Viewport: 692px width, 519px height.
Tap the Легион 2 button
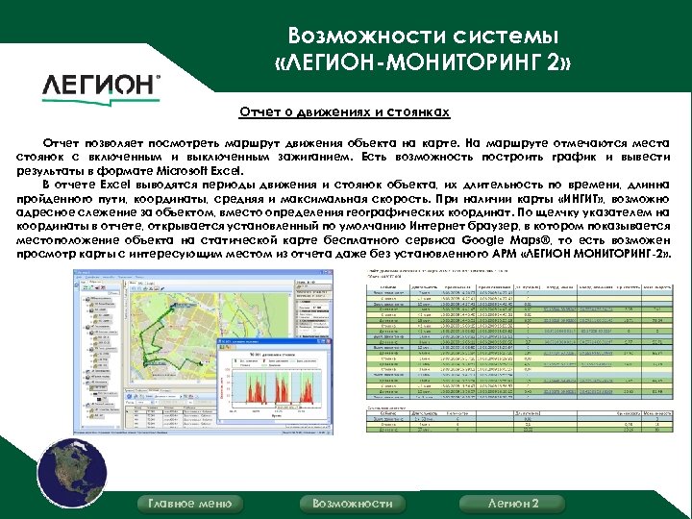pyautogui.click(x=513, y=504)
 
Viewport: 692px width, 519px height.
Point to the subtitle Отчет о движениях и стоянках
pyautogui.click(x=344, y=112)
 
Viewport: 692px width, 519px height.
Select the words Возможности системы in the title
pyautogui.click(x=423, y=37)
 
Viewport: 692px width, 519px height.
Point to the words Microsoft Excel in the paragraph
pyautogui.click(x=196, y=169)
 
